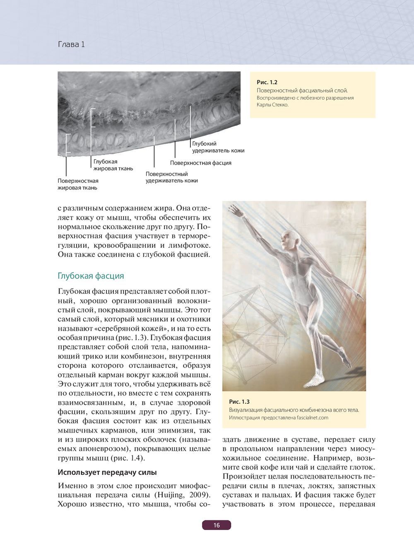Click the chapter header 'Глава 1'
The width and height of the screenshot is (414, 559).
[71, 44]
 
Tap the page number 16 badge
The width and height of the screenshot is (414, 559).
[217, 525]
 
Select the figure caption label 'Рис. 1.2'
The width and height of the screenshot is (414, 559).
[267, 82]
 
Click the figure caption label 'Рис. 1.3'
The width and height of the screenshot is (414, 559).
[239, 402]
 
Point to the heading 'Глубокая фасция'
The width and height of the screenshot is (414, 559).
[91, 276]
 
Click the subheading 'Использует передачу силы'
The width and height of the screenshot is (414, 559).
[107, 472]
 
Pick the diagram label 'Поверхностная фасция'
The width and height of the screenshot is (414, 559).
[200, 163]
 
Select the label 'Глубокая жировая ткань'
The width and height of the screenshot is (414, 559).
[113, 165]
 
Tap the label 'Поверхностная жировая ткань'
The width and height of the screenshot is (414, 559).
[78, 184]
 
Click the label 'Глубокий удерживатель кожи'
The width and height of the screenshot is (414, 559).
[218, 147]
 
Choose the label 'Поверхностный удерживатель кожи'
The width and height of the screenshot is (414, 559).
[171, 177]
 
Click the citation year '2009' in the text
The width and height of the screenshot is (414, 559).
[200, 495]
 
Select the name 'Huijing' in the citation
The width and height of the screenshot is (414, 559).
[171, 495]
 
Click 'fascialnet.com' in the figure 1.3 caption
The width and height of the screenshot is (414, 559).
[313, 418]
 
